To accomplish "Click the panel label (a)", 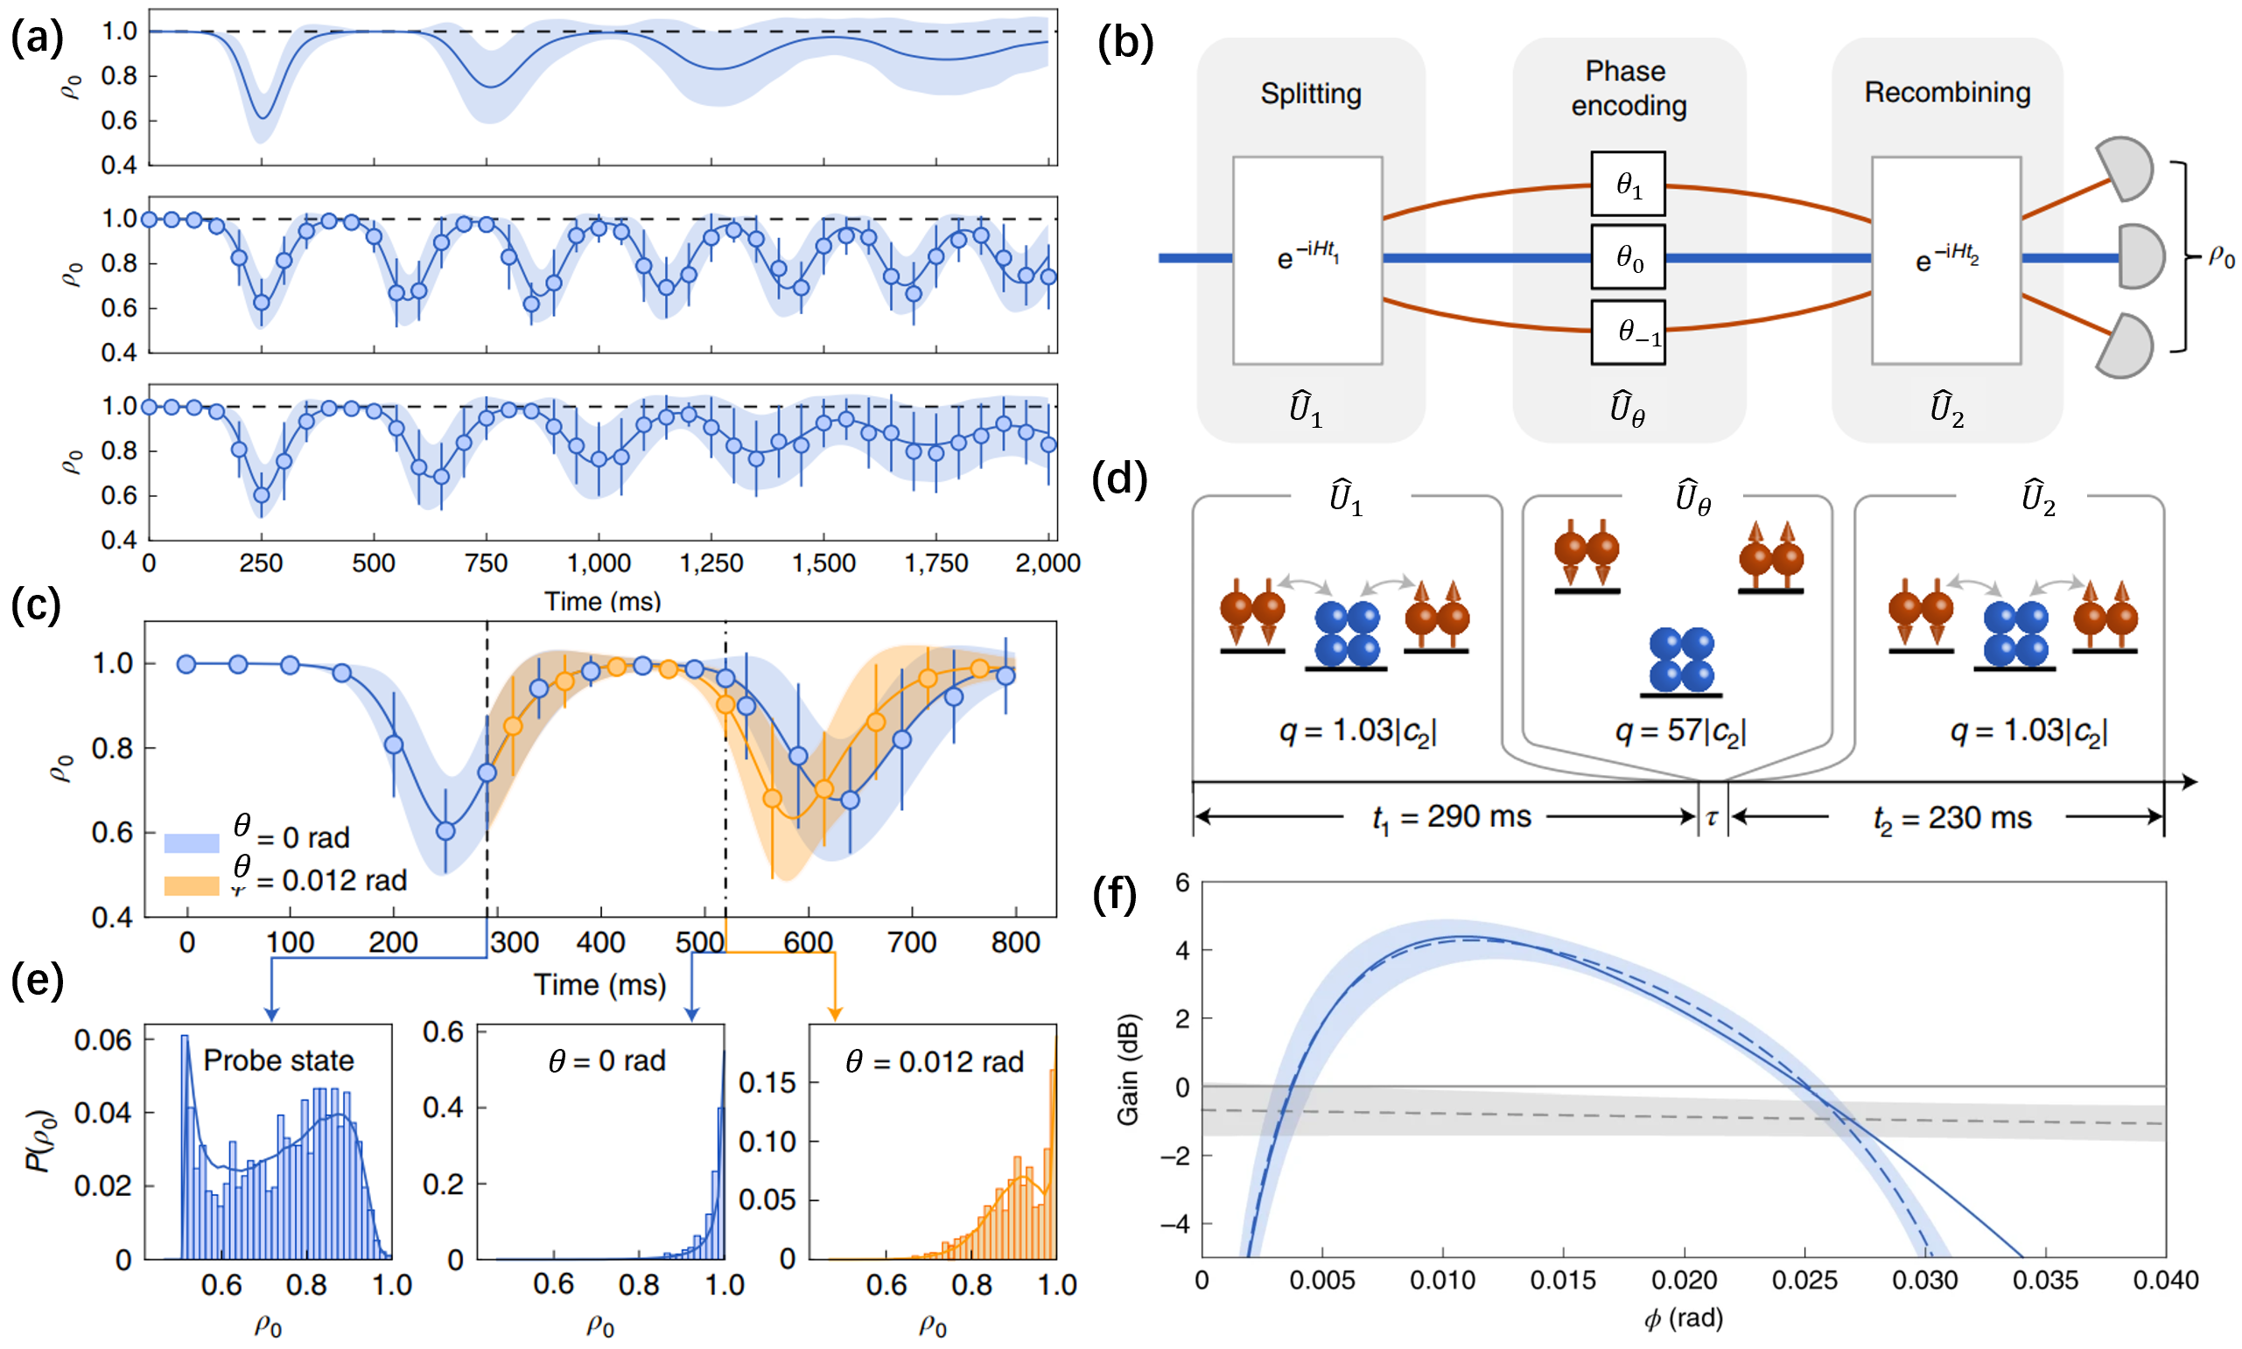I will click(x=37, y=38).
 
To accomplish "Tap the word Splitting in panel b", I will click(x=1310, y=94).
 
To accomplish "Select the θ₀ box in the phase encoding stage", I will click(x=1628, y=260).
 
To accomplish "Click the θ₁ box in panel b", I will click(x=1628, y=185).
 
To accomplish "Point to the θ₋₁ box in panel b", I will click(x=1628, y=332).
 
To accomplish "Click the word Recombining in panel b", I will click(x=1946, y=92).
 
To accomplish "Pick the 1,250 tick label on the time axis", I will click(x=711, y=563).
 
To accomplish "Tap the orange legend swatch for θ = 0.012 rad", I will click(x=191, y=884).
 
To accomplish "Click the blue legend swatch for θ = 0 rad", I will click(x=191, y=842).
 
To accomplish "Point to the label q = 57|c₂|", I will click(x=1680, y=730).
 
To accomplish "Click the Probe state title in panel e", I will click(x=278, y=1060).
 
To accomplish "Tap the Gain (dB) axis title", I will click(x=1127, y=1069).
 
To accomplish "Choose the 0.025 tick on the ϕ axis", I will click(x=1804, y=1281).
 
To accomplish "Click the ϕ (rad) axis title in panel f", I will click(x=1683, y=1319).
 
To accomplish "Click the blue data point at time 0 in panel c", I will click(x=186, y=665).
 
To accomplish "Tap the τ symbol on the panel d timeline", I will click(x=1712, y=817).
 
